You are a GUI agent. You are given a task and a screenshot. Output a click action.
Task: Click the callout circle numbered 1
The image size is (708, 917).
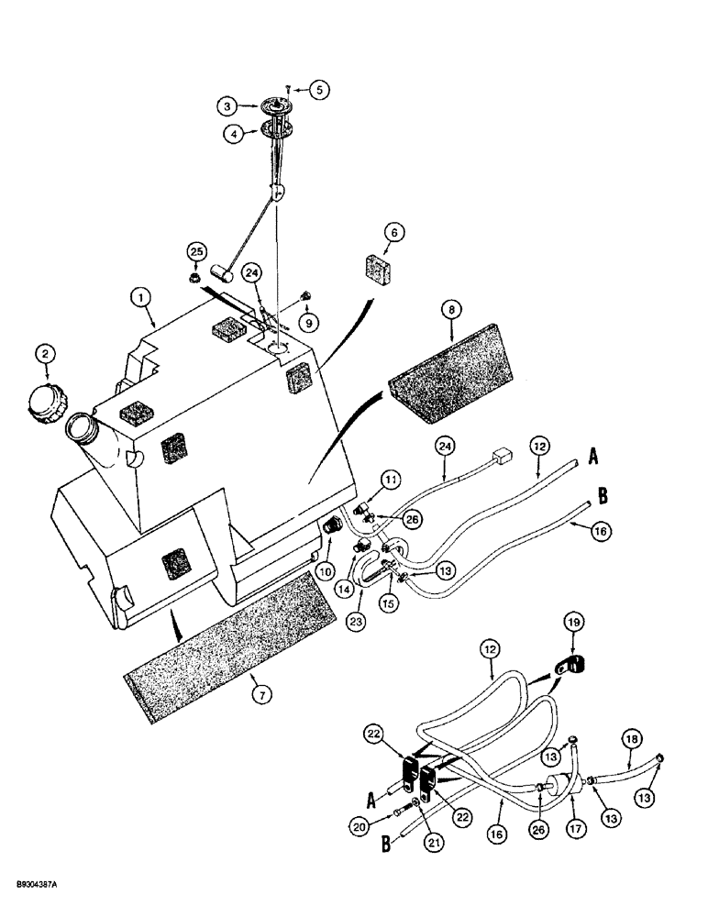tap(140, 297)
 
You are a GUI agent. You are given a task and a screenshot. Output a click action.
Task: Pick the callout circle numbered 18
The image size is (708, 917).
tap(633, 763)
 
